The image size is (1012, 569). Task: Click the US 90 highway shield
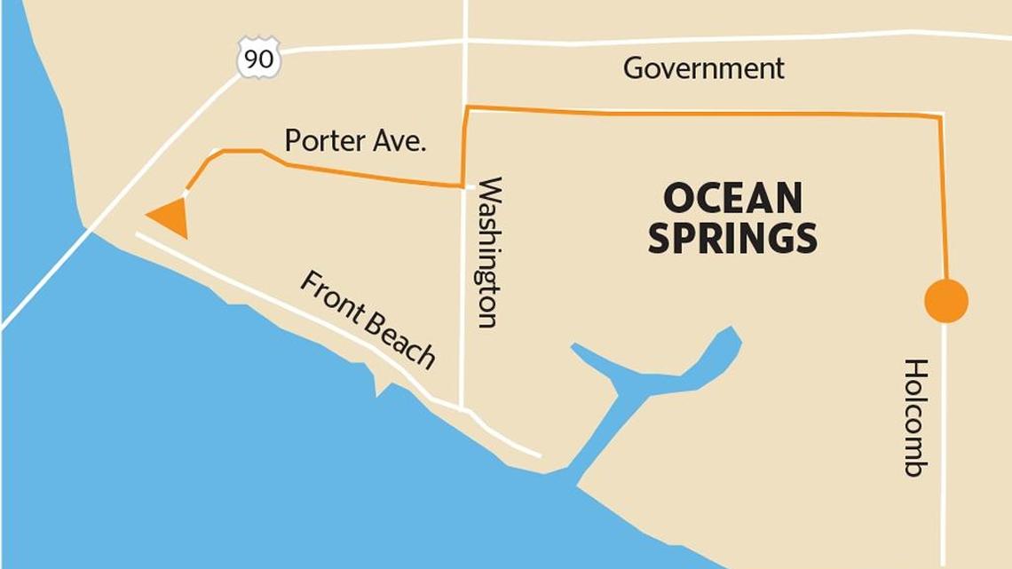click(x=259, y=59)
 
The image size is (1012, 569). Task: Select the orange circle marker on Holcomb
click(x=945, y=301)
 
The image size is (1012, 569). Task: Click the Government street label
click(x=703, y=68)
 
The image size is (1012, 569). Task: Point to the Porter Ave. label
click(x=355, y=140)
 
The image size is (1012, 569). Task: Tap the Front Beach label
click(x=368, y=320)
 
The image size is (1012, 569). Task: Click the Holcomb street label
click(x=915, y=417)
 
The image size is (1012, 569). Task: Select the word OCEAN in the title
click(x=732, y=198)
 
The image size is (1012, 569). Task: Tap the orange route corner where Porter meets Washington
click(x=463, y=186)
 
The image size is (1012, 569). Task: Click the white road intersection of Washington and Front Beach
click(x=463, y=408)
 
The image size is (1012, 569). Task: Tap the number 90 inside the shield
click(x=259, y=60)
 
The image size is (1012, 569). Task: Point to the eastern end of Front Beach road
click(x=538, y=455)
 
